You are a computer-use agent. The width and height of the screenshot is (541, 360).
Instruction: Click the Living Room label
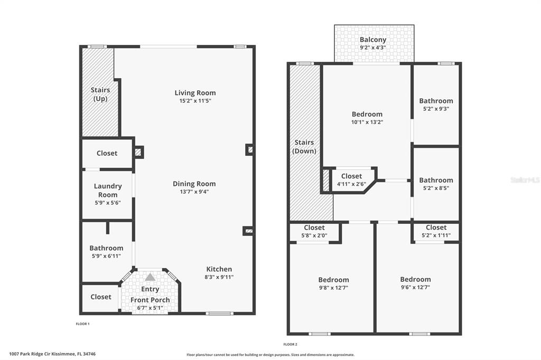pyautogui.click(x=195, y=93)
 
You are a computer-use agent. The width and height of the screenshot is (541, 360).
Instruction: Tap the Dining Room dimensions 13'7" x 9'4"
pyautogui.click(x=194, y=192)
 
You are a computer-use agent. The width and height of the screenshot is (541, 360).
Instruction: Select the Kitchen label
pyautogui.click(x=219, y=269)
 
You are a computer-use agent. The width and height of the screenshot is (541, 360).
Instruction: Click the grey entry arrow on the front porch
pyautogui.click(x=150, y=277)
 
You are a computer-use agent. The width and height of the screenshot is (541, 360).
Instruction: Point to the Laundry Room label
pyautogui.click(x=108, y=191)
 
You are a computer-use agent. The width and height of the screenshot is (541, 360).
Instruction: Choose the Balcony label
pyautogui.click(x=372, y=40)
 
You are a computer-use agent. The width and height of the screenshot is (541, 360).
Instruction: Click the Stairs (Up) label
pyautogui.click(x=100, y=94)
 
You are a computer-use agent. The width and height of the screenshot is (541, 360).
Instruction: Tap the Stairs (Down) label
pyautogui.click(x=304, y=147)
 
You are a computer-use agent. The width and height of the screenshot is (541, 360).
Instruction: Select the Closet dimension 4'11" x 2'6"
pyautogui.click(x=351, y=184)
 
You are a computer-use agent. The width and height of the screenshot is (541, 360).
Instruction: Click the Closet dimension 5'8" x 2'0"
pyautogui.click(x=314, y=235)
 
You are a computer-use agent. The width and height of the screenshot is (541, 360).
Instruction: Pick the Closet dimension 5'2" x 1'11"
pyautogui.click(x=436, y=235)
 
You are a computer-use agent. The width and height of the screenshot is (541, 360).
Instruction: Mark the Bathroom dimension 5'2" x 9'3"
pyautogui.click(x=436, y=109)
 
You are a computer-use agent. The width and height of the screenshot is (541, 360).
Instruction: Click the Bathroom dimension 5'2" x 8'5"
pyautogui.click(x=436, y=188)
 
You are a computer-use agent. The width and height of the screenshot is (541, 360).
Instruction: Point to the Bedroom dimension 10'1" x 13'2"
pyautogui.click(x=367, y=122)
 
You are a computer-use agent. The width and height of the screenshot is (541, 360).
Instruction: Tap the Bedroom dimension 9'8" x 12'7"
pyautogui.click(x=334, y=288)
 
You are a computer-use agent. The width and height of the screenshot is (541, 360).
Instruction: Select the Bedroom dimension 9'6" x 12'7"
pyautogui.click(x=415, y=287)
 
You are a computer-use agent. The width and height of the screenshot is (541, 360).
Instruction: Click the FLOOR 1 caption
pyautogui.click(x=83, y=324)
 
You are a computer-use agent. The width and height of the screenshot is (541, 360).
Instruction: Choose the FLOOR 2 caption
pyautogui.click(x=290, y=344)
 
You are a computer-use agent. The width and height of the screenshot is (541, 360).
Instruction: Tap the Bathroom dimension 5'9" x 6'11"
pyautogui.click(x=106, y=256)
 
